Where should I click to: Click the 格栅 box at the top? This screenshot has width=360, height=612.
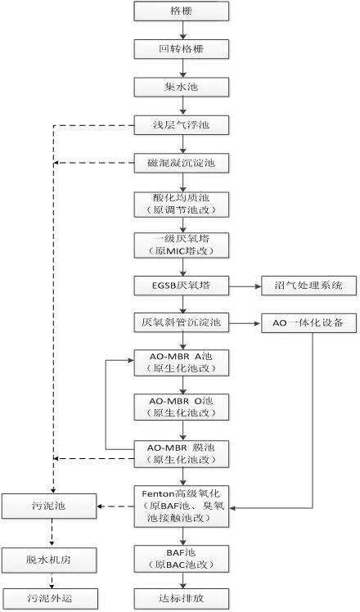(182, 11)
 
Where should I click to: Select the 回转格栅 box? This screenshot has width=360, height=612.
(182, 49)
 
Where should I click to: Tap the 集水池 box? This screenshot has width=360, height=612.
(182, 87)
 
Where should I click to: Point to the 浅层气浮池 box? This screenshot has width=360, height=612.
(182, 125)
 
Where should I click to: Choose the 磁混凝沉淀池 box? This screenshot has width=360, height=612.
(182, 163)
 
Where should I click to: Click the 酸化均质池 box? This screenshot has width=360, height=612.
(182, 204)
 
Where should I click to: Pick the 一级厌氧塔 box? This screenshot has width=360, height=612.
(182, 245)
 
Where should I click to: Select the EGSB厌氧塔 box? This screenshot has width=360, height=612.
(182, 286)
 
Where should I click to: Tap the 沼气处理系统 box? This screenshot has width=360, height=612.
(308, 286)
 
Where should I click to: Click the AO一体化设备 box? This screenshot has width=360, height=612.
(308, 323)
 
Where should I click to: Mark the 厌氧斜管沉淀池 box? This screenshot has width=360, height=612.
(182, 323)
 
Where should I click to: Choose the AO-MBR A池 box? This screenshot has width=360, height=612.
(182, 363)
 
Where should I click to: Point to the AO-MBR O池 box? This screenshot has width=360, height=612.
(182, 407)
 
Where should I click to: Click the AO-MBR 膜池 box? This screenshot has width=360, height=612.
(182, 454)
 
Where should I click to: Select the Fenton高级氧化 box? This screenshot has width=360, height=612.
(182, 506)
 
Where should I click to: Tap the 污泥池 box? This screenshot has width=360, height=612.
(49, 506)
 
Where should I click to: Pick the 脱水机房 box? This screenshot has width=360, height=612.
(49, 560)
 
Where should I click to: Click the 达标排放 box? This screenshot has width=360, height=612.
(182, 598)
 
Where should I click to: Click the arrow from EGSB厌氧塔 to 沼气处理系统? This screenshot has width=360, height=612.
(245, 286)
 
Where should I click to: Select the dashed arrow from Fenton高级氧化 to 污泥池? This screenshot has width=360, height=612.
(115, 506)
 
